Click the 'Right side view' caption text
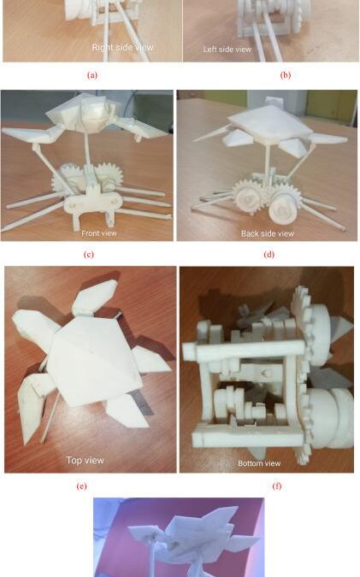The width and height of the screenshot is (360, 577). click(x=122, y=48)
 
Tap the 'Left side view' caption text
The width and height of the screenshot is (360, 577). click(x=227, y=50)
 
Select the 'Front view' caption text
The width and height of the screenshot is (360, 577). click(x=99, y=233)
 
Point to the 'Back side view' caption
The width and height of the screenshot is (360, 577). click(x=268, y=233)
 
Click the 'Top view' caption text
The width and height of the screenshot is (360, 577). click(x=85, y=461)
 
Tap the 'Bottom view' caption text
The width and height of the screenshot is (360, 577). click(x=259, y=463)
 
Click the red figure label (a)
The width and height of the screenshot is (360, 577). click(x=92, y=75)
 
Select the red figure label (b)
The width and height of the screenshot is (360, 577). click(x=286, y=75)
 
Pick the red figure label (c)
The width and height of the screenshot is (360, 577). click(x=89, y=254)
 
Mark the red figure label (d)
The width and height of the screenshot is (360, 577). click(x=269, y=254)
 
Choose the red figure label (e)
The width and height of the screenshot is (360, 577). click(x=82, y=486)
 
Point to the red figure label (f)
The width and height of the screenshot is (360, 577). click(x=277, y=486)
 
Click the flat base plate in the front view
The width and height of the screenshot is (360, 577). click(x=92, y=202)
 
